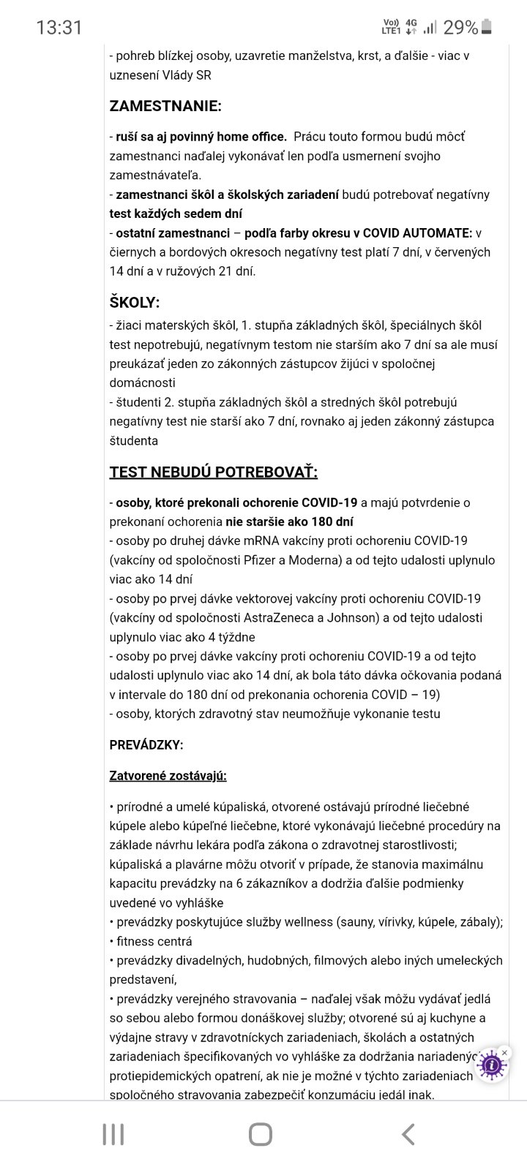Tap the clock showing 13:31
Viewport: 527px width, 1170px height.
pyautogui.click(x=59, y=28)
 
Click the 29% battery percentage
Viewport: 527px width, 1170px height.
pyautogui.click(x=460, y=28)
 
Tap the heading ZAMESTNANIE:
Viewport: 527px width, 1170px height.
pyautogui.click(x=165, y=106)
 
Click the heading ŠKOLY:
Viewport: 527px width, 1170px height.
pyautogui.click(x=135, y=302)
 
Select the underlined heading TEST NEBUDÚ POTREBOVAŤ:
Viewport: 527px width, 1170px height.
pyautogui.click(x=214, y=472)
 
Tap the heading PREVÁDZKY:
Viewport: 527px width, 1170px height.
pyautogui.click(x=146, y=745)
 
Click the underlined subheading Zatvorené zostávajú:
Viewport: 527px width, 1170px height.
pyautogui.click(x=168, y=776)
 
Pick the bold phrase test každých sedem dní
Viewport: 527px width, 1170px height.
pyautogui.click(x=176, y=214)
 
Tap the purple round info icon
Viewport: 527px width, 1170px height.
pyautogui.click(x=492, y=1065)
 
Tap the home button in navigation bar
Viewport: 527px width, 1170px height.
pyautogui.click(x=261, y=1134)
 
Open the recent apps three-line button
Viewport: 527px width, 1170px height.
pyautogui.click(x=113, y=1134)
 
